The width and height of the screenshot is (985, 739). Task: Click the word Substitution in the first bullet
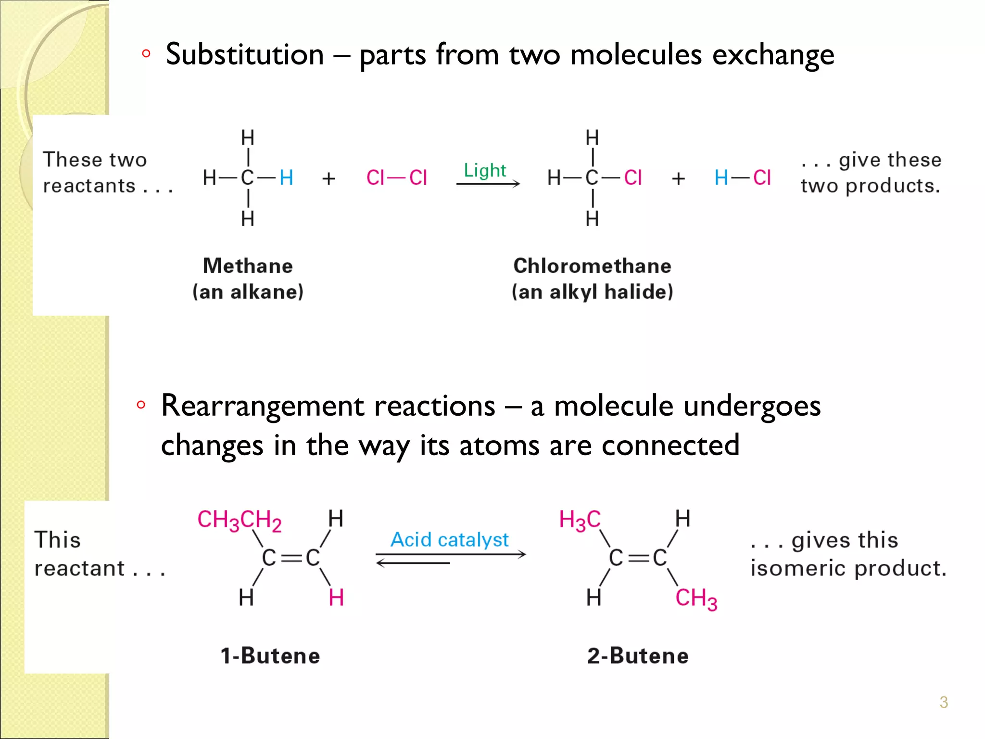point(244,54)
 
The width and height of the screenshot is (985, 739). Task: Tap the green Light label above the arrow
point(485,170)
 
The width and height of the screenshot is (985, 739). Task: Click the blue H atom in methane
point(287,178)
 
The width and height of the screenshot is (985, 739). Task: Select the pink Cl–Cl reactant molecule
point(396,178)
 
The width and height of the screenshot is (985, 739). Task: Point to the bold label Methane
point(248,266)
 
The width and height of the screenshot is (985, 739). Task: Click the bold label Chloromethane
point(592,266)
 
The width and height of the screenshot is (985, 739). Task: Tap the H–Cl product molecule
point(743,178)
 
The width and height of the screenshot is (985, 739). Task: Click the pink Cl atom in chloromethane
point(632,178)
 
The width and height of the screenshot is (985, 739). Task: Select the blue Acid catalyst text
point(449,540)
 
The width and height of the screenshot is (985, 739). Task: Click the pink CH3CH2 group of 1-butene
point(239,521)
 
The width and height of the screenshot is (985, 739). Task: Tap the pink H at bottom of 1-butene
point(336,598)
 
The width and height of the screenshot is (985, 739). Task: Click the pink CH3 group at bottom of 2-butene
point(696,599)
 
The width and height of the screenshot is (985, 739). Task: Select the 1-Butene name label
point(270,656)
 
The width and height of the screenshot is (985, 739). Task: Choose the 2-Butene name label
point(638,656)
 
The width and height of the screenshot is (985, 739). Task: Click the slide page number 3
point(944,702)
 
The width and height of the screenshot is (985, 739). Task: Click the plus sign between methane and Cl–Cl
point(329,178)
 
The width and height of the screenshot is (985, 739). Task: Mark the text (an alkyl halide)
point(592,292)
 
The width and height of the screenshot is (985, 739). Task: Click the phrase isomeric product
point(848,569)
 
